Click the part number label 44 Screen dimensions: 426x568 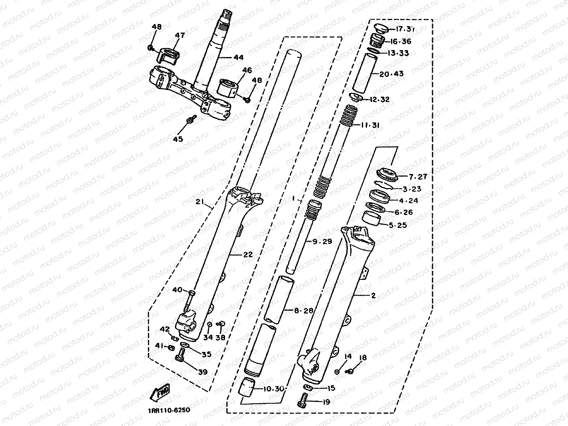pos(237,57)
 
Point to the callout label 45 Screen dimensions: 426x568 pos(177,139)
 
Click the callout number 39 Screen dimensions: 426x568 pos(202,372)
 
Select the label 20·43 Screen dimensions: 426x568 pos(391,74)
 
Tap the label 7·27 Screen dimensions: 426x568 pos(418,177)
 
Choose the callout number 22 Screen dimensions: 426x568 pos(248,254)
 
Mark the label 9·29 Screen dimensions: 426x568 pos(322,241)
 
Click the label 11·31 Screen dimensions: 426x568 pos(370,125)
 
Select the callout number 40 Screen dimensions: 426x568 pos(177,290)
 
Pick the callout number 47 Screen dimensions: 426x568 pos(180,36)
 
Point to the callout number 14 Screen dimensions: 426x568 pos(348,356)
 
